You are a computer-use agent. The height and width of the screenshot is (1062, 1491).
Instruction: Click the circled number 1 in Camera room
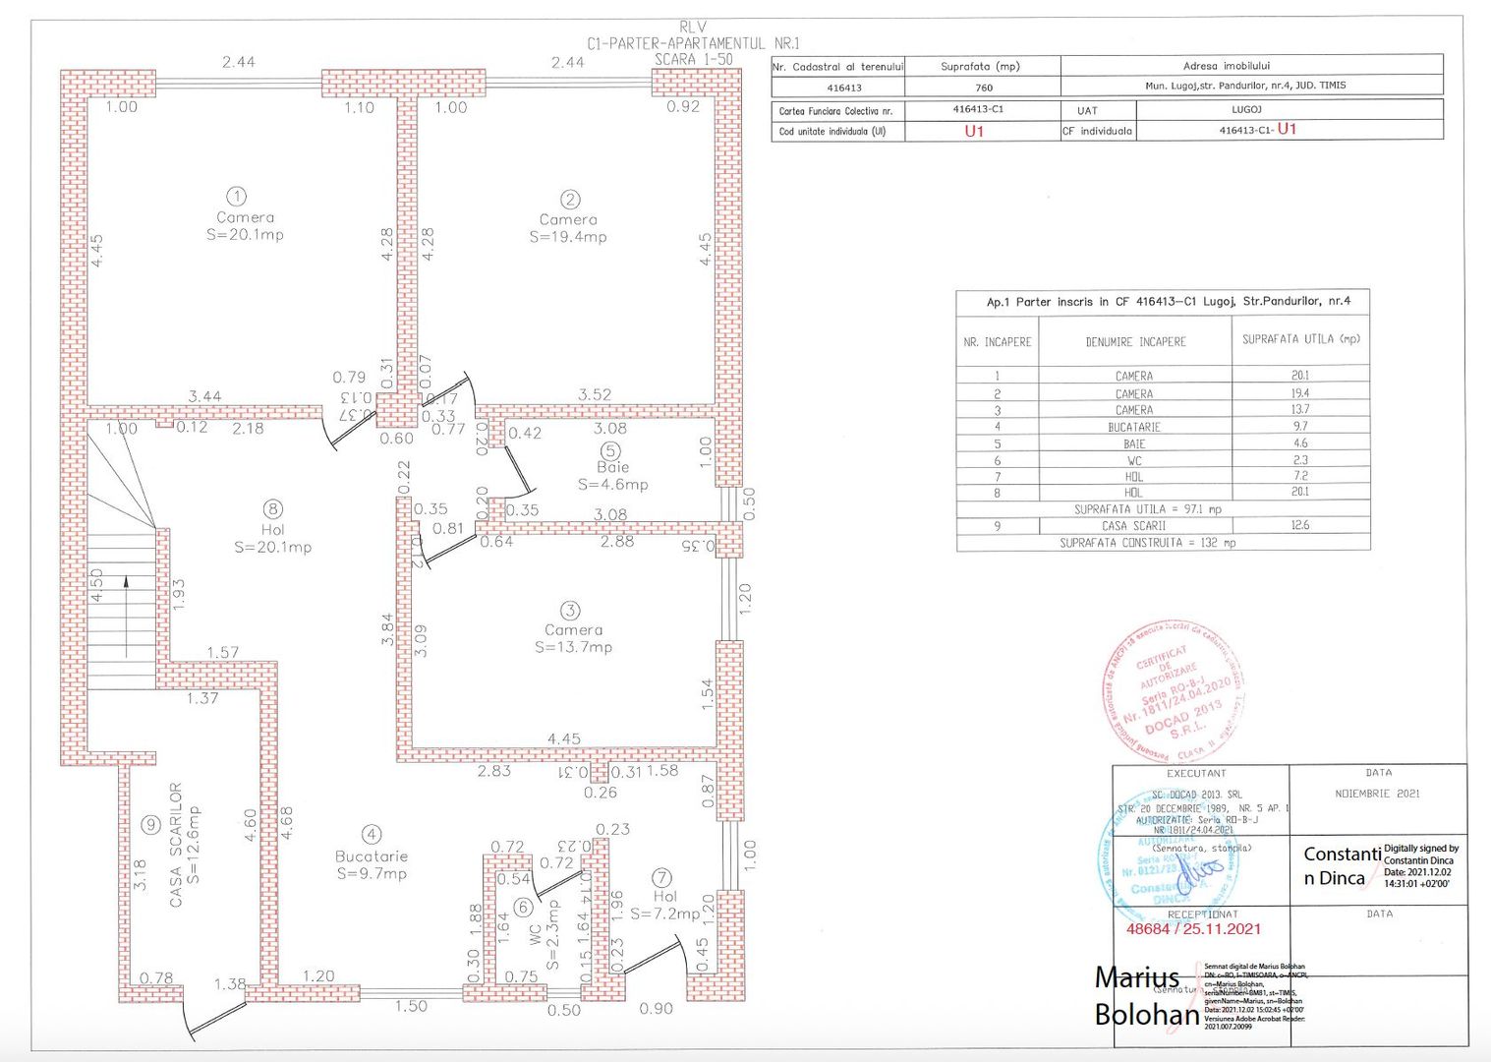click(x=236, y=197)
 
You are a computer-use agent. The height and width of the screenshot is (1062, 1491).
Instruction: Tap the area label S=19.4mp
click(x=568, y=237)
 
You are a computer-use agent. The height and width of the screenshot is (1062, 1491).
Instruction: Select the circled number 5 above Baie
click(x=611, y=450)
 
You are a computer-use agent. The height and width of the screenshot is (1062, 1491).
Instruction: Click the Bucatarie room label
click(x=371, y=856)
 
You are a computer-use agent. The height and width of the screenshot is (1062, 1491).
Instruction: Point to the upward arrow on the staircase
click(x=126, y=617)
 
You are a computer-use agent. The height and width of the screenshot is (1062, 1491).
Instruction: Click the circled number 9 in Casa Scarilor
click(x=150, y=825)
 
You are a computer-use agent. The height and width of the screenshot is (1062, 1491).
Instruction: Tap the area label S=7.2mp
click(x=665, y=914)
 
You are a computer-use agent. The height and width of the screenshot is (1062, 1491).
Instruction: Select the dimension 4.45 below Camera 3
click(x=563, y=738)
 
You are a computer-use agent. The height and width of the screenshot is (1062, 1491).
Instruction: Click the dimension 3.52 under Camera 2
click(x=594, y=394)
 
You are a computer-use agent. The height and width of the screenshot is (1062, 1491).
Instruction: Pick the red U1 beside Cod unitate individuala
click(x=973, y=131)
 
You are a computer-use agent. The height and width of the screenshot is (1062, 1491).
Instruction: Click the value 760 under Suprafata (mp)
click(x=983, y=88)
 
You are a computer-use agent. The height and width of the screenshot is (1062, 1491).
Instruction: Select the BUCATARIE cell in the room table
click(x=1134, y=427)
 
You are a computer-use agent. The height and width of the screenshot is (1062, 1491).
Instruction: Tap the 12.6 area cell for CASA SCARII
click(x=1299, y=525)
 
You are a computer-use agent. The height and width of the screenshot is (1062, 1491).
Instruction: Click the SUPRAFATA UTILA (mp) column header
click(x=1300, y=339)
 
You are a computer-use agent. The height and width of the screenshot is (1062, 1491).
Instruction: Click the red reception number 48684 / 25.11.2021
click(x=1193, y=928)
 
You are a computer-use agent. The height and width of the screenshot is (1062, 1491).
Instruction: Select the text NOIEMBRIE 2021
click(x=1377, y=794)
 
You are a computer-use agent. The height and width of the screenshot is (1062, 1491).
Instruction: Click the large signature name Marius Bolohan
click(x=1146, y=995)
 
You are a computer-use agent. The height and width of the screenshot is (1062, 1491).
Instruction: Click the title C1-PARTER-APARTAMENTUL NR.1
click(x=693, y=43)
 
